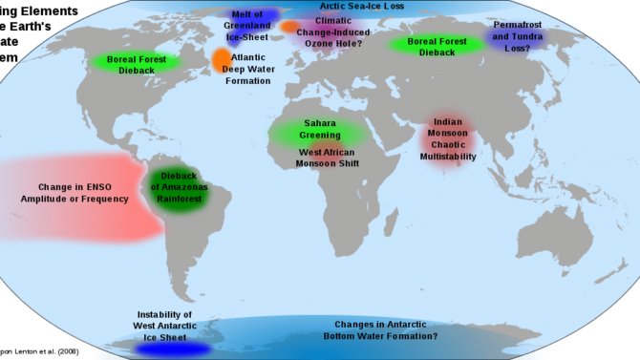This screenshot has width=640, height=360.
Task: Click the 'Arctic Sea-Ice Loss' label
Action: coord(362,7)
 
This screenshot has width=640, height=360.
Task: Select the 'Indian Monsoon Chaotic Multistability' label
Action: coord(455,139)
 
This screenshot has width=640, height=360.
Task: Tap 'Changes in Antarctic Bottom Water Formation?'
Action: coord(386,329)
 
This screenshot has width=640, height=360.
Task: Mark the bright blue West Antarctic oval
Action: coord(172,349)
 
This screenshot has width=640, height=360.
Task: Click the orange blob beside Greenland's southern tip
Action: coord(222,60)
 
